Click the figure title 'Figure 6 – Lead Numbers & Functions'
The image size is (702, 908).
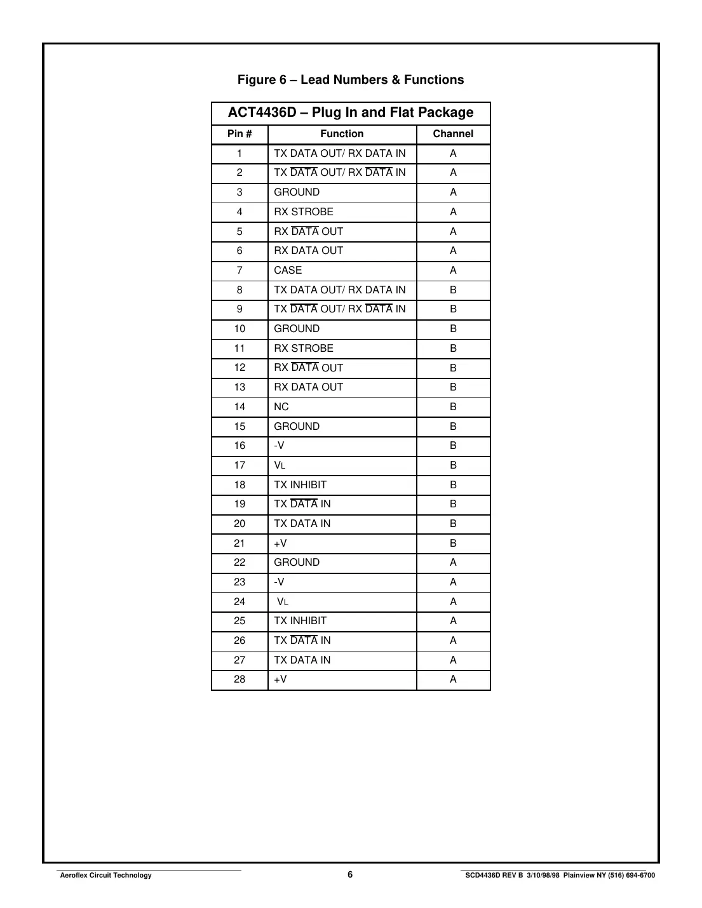click(x=351, y=80)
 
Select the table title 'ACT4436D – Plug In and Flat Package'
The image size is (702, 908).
click(x=351, y=113)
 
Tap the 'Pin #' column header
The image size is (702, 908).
click(x=240, y=134)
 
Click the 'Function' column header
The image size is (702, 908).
click(x=342, y=134)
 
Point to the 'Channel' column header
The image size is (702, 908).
click(x=453, y=134)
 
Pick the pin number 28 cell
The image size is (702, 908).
click(x=240, y=679)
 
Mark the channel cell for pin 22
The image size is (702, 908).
click(x=453, y=563)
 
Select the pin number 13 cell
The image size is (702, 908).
click(x=240, y=387)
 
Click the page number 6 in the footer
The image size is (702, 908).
click(x=350, y=874)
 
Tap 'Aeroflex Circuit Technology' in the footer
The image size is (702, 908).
click(x=106, y=876)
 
